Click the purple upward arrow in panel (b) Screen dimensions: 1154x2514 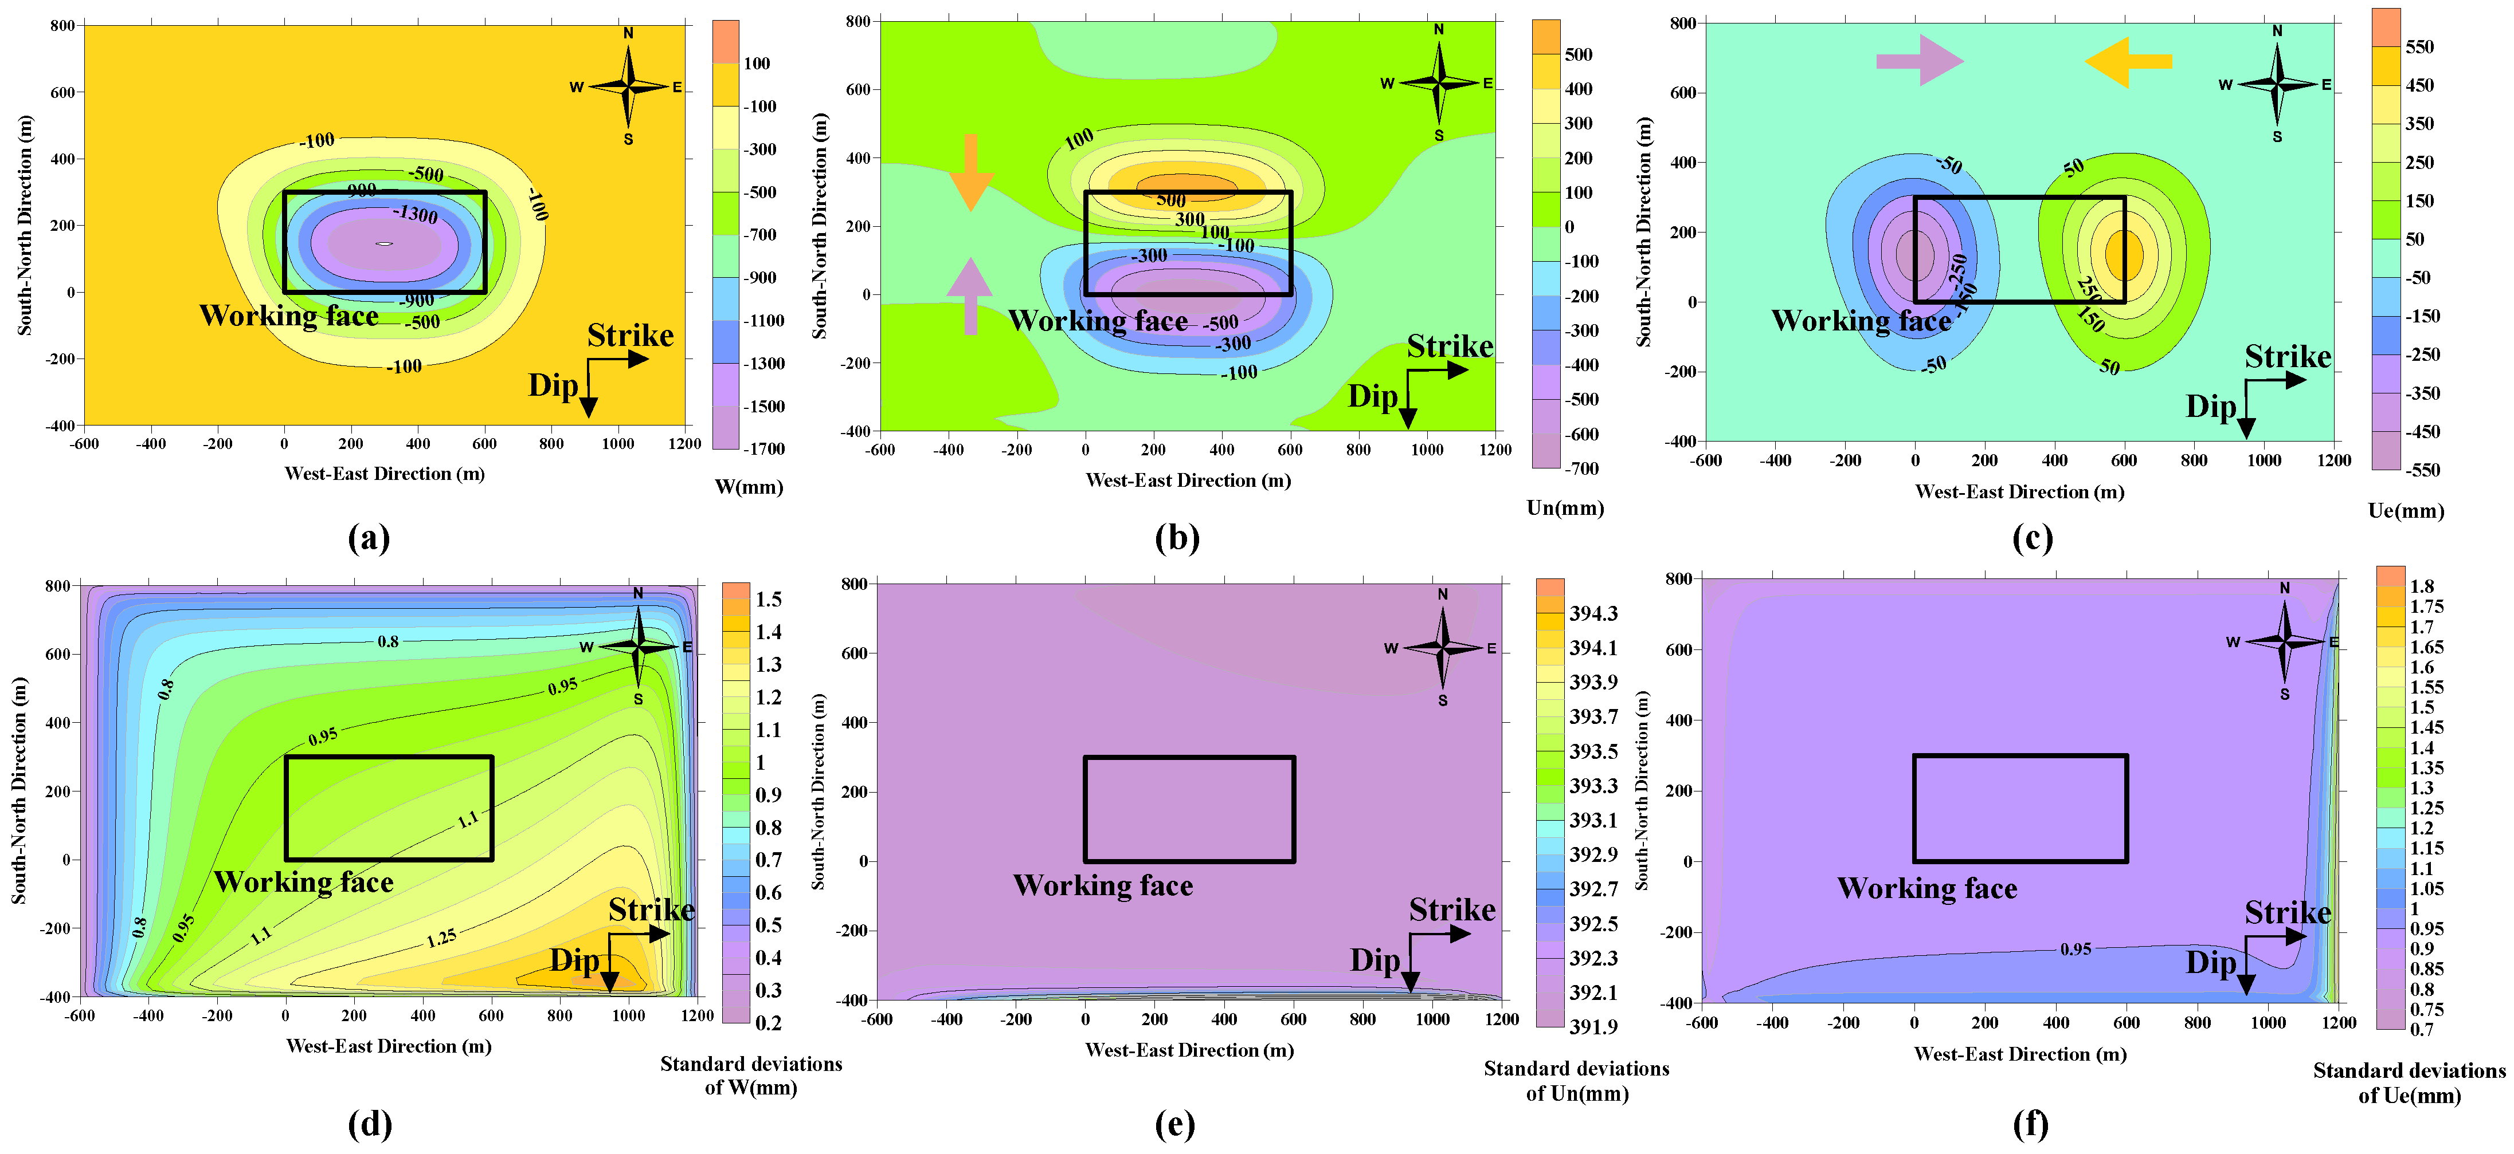point(970,296)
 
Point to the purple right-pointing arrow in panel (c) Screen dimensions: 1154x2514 point(1918,61)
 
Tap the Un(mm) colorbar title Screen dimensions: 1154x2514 point(1564,507)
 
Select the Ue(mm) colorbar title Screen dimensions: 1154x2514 point(2406,510)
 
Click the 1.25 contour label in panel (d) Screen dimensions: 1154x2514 point(441,939)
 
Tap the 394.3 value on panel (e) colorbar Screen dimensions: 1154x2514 point(1593,613)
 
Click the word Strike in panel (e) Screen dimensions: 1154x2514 point(1451,909)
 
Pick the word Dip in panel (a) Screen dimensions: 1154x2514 point(553,385)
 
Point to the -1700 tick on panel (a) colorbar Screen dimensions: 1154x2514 point(766,449)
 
